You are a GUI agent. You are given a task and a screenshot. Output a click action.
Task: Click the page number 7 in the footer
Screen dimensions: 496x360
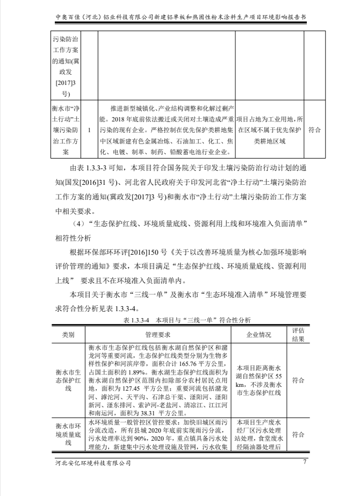tap(305, 462)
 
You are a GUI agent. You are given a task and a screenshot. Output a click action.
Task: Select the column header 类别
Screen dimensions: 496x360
tap(68, 334)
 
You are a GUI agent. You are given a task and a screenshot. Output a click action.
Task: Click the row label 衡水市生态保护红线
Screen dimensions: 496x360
tap(68, 380)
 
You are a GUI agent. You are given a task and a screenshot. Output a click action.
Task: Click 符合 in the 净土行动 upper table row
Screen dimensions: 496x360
tap(316, 130)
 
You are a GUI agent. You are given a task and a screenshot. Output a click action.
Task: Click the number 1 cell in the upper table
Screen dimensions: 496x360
tap(89, 130)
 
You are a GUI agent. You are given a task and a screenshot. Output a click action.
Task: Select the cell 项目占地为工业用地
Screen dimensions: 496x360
tap(270, 130)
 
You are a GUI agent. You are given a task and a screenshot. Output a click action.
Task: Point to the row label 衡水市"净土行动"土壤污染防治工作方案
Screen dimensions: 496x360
tap(66, 130)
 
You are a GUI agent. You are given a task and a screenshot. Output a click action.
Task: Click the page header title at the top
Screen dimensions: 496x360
tap(181, 17)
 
